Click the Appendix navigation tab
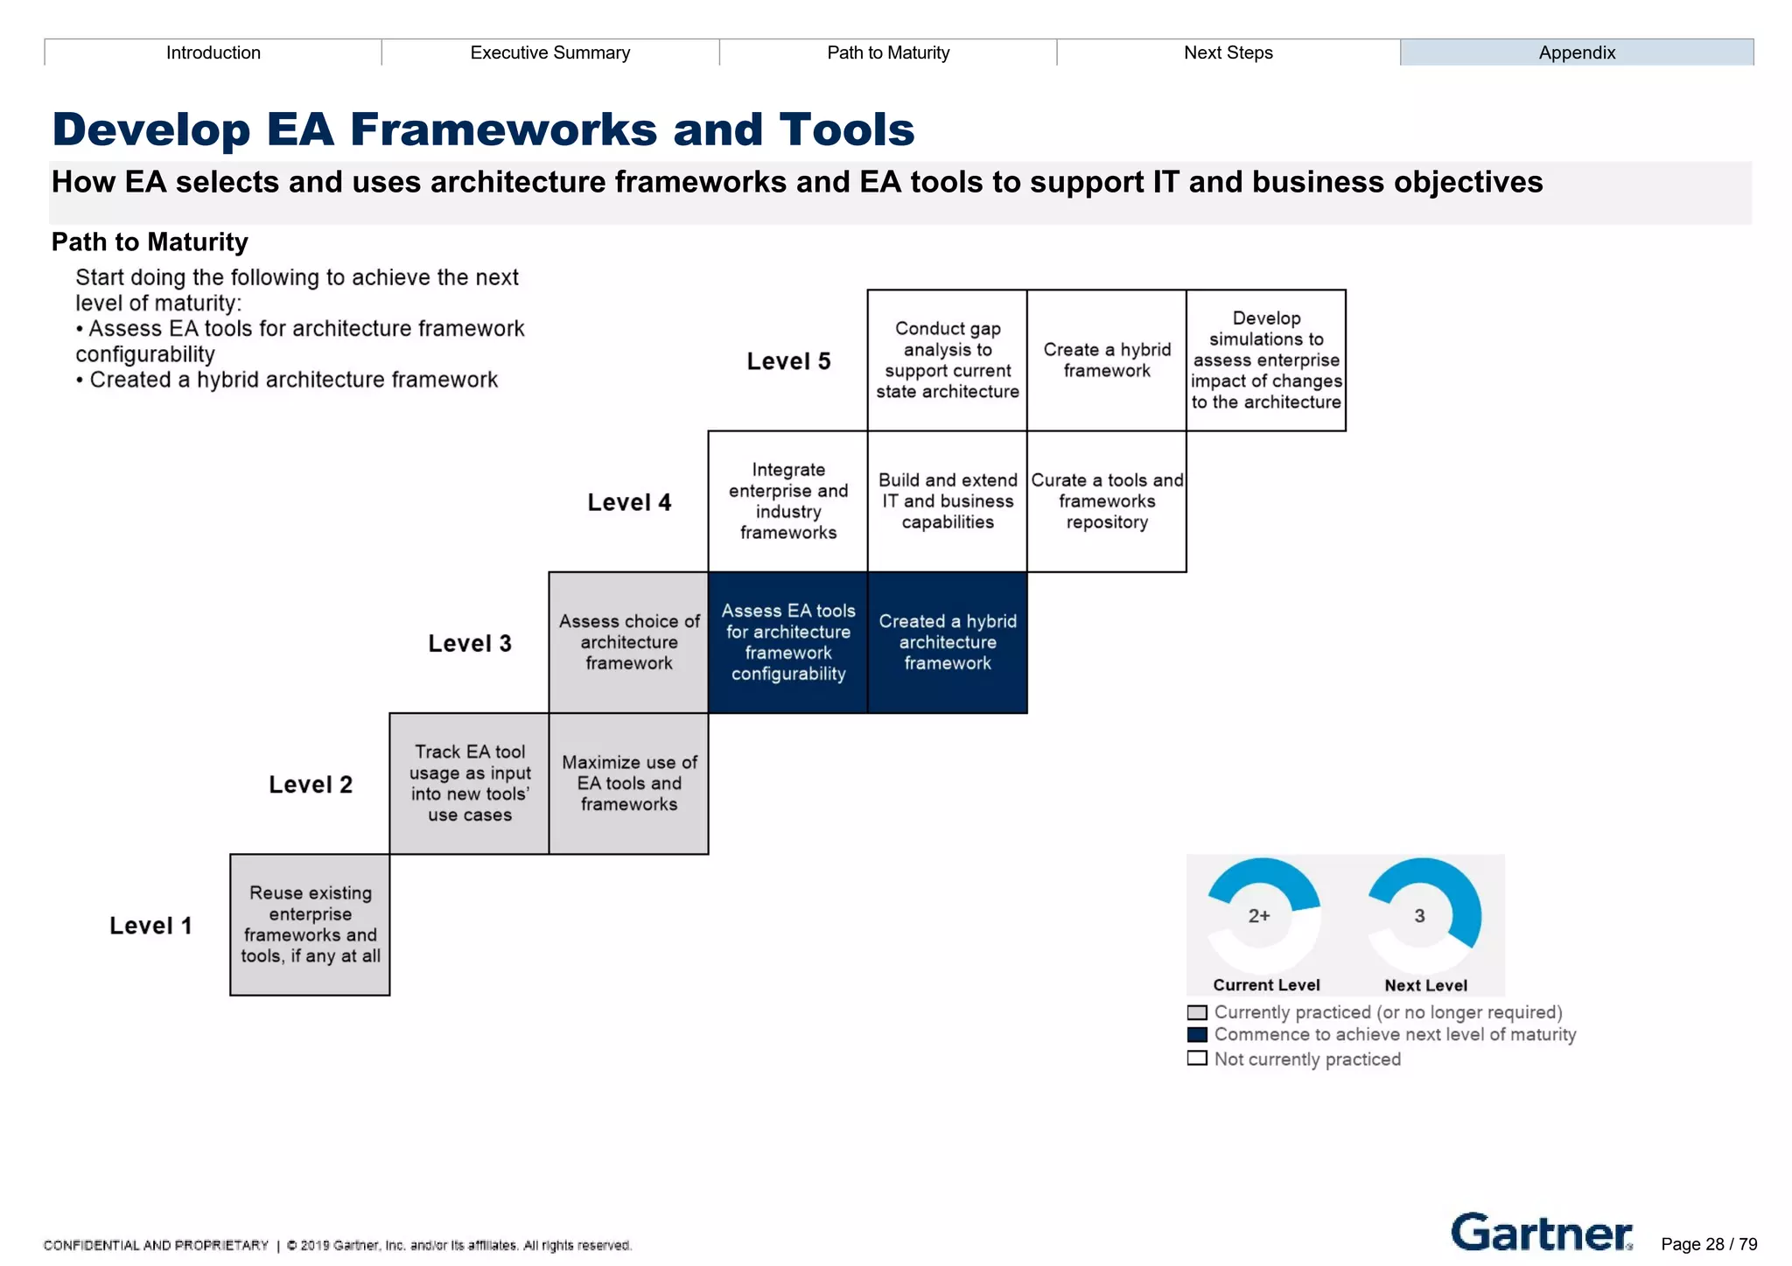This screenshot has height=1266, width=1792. tap(1576, 52)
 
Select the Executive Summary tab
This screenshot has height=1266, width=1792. tap(549, 52)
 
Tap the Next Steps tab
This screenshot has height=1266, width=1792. tap(1228, 52)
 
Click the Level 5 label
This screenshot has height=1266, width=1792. tap(788, 361)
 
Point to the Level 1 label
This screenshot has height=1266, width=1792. tap(150, 926)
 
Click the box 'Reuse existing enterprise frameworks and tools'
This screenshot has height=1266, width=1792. tap(310, 924)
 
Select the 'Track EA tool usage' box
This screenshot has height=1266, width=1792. tap(469, 783)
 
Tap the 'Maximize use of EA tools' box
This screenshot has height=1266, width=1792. tap(628, 783)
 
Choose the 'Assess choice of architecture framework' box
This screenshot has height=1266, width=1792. tap(628, 642)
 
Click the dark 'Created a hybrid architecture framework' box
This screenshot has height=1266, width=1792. tap(947, 642)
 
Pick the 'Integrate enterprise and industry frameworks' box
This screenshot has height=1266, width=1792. tap(787, 501)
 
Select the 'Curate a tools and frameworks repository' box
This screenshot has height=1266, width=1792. tap(1106, 501)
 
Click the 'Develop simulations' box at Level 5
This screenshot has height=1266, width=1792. tap(1265, 360)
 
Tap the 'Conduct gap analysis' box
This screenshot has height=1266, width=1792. tap(947, 360)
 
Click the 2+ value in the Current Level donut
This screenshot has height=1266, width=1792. tap(1259, 916)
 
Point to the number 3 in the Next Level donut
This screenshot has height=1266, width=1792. tap(1419, 916)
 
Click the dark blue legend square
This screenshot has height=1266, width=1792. tap(1197, 1035)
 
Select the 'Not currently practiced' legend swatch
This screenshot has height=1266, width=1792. tap(1197, 1059)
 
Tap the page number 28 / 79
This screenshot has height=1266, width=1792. tap(1709, 1244)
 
